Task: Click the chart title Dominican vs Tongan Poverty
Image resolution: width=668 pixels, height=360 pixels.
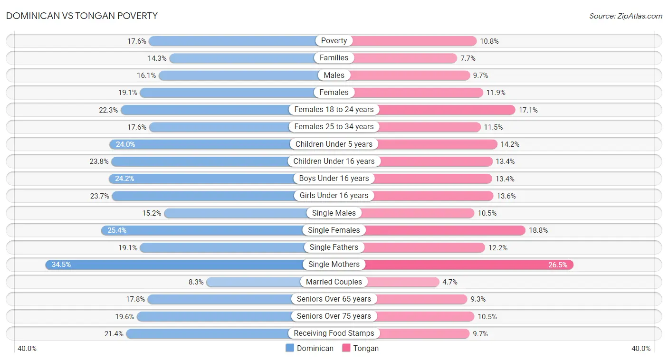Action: (82, 16)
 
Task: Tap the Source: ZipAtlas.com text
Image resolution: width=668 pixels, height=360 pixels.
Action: (625, 16)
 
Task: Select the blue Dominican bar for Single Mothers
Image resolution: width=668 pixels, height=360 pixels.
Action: (174, 265)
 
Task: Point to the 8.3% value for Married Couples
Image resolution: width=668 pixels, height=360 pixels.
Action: (196, 282)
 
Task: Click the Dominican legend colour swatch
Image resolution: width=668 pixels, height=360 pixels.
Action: (289, 348)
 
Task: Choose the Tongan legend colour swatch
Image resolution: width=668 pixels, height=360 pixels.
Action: (346, 348)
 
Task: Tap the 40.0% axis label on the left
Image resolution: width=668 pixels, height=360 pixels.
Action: (27, 349)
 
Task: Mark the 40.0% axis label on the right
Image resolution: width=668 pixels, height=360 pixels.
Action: (641, 349)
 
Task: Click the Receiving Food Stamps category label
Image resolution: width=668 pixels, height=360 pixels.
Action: (334, 333)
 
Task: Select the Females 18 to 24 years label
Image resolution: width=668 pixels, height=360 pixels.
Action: (334, 110)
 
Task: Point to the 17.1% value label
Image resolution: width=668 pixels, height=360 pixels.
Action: (528, 110)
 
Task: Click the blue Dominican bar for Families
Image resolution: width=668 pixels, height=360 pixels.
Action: (242, 58)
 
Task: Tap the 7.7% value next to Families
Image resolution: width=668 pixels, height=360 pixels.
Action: (468, 58)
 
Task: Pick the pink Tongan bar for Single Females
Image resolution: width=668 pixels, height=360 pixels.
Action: (445, 230)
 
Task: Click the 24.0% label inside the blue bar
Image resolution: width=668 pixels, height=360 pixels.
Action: (125, 144)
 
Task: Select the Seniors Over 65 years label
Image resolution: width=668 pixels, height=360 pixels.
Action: (334, 299)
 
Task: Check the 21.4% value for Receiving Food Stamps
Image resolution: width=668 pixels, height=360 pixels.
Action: (114, 334)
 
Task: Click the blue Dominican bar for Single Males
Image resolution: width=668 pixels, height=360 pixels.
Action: (236, 213)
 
